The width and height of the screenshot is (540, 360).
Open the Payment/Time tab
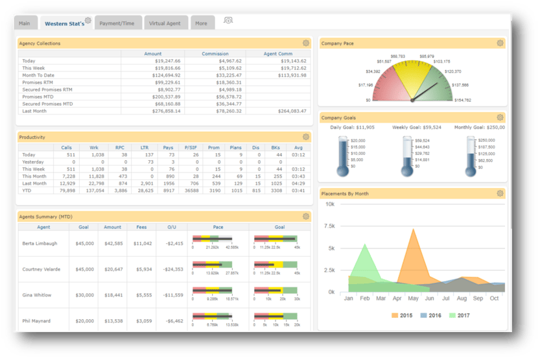pyautogui.click(x=117, y=23)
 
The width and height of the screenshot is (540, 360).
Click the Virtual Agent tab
pyautogui.click(x=166, y=23)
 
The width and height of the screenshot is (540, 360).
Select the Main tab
pyautogui.click(x=25, y=23)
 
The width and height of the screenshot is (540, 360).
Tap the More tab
pyautogui.click(x=202, y=23)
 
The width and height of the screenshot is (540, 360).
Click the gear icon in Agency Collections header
pyautogui.click(x=306, y=43)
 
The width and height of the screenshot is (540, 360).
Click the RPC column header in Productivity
pyautogui.click(x=119, y=147)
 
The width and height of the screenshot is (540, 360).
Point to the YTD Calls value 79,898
pyautogui.click(x=67, y=191)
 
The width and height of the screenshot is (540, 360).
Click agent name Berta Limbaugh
pyautogui.click(x=39, y=243)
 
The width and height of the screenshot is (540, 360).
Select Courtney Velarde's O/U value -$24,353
pyautogui.click(x=173, y=269)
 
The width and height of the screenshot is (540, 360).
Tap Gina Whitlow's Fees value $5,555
pyautogui.click(x=143, y=295)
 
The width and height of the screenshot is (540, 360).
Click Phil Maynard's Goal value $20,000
pyautogui.click(x=85, y=320)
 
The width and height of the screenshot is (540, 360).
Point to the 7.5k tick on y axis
pyautogui.click(x=329, y=226)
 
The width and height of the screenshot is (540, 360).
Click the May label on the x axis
pyautogui.click(x=412, y=298)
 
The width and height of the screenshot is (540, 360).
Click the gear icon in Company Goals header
pyautogui.click(x=500, y=117)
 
